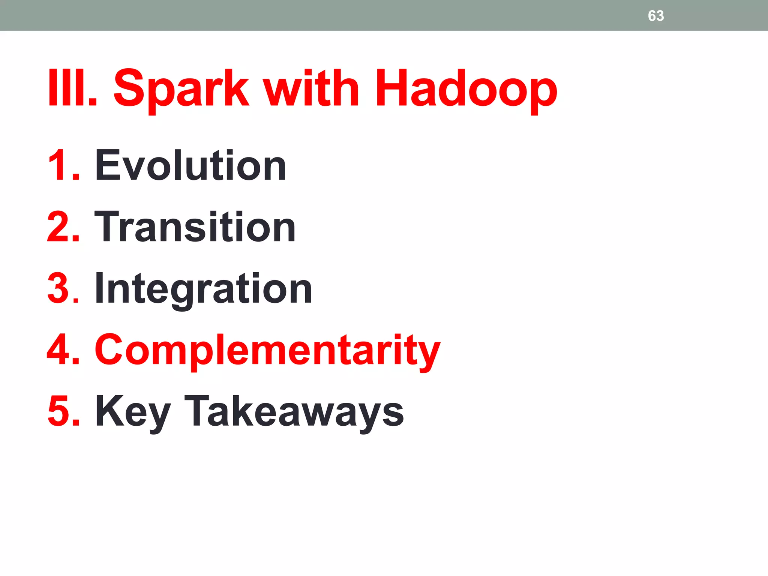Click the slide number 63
tap(655, 16)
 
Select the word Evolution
tap(190, 165)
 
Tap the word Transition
tap(195, 227)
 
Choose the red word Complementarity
tap(267, 351)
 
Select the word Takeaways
tap(294, 411)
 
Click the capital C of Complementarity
tap(111, 350)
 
